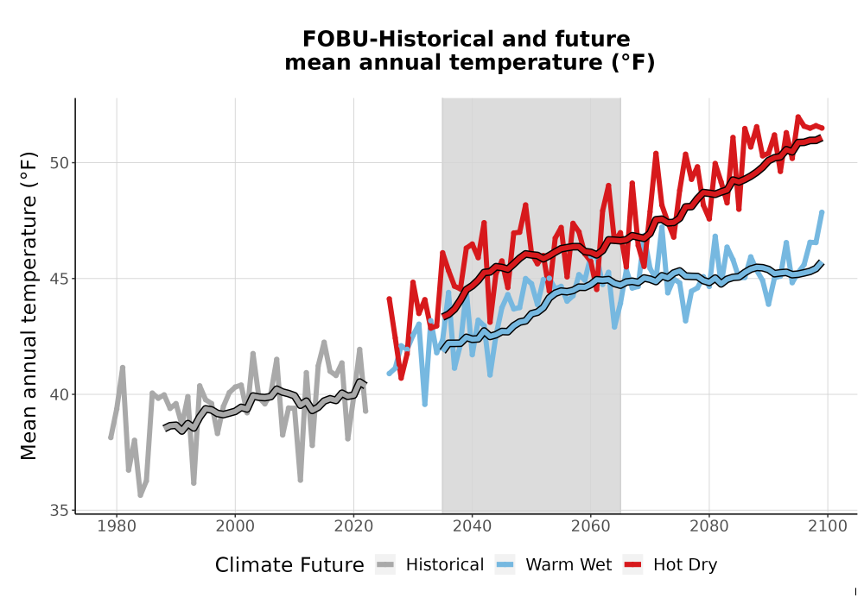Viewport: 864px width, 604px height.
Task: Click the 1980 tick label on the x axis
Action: [x=117, y=525]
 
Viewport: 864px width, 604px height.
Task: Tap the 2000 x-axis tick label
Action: [x=235, y=525]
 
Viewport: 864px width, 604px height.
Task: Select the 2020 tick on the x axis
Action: [x=353, y=525]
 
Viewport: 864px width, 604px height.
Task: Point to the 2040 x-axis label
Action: [x=473, y=525]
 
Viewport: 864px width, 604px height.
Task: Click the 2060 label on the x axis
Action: [x=591, y=525]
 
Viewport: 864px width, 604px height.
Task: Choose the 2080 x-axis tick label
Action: [x=709, y=525]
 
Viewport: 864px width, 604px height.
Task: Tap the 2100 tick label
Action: [x=828, y=525]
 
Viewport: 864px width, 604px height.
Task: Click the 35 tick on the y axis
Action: [x=60, y=511]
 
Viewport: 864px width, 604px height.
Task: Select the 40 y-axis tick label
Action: [x=60, y=394]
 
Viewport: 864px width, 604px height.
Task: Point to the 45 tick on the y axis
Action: [x=60, y=279]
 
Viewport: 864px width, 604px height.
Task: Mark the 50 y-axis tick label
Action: [x=60, y=163]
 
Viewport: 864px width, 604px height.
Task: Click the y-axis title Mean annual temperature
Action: [x=29, y=305]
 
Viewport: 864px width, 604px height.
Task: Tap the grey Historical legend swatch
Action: [x=385, y=564]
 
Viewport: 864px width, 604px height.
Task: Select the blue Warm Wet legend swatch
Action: [x=505, y=564]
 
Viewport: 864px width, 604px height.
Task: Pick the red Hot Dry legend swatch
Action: [x=632, y=564]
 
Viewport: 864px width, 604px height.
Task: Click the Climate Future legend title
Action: [x=289, y=565]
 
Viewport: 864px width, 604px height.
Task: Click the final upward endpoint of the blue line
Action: [x=823, y=212]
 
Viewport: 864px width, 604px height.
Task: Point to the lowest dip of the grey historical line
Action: [x=141, y=495]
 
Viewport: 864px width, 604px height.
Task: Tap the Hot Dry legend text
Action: [x=685, y=565]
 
